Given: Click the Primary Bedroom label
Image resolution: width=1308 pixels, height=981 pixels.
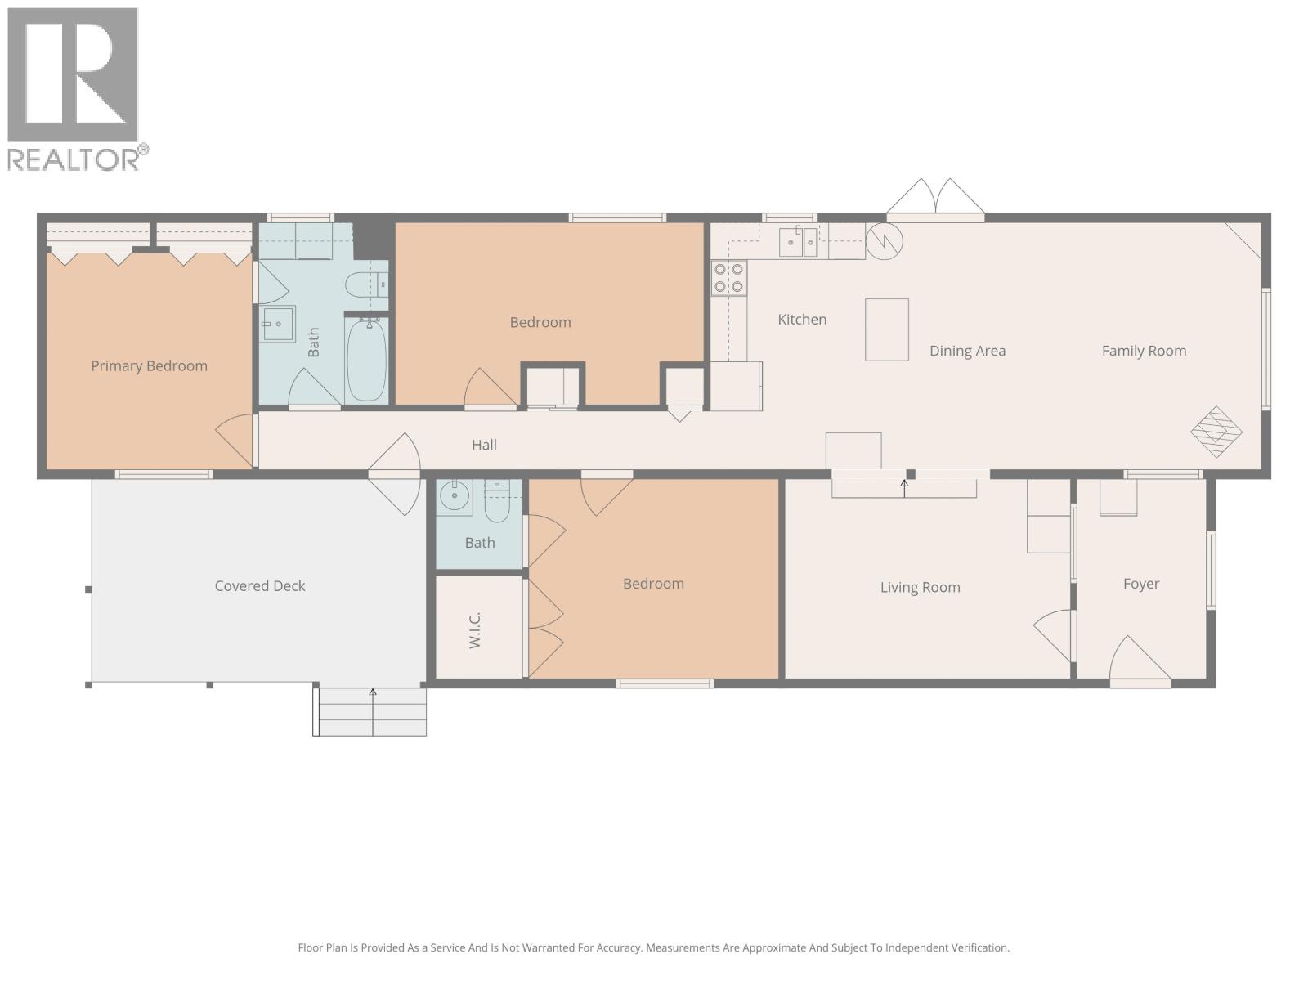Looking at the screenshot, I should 149,365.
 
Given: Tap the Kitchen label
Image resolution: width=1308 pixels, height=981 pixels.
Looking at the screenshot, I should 802,320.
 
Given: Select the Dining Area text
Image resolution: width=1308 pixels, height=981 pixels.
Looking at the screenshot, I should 967,351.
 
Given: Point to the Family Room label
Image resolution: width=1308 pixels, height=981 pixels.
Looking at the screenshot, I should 1144,351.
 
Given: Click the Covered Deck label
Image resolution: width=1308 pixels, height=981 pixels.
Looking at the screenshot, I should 260,585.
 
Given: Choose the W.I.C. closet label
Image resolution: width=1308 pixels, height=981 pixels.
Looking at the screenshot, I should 475,629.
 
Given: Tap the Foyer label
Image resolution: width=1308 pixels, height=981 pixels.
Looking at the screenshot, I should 1140,584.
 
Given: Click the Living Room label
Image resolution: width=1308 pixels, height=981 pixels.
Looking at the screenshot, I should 920,587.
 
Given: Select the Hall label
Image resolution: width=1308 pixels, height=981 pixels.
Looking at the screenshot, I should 484,445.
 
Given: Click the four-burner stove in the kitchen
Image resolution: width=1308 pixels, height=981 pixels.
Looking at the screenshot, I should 728,277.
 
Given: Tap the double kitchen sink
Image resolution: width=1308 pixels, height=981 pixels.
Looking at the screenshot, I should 797,242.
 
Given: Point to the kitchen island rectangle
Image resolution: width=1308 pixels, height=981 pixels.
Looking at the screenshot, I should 887,329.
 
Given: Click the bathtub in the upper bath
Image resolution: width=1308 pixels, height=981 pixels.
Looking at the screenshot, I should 367,360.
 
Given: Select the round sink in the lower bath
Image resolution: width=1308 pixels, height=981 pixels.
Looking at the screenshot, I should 454,495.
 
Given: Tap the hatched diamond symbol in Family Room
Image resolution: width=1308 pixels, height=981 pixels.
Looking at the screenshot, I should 1216,431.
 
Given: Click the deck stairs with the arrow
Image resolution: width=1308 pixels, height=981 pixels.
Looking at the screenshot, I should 372,711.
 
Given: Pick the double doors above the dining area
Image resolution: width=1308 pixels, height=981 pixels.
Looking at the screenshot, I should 935,199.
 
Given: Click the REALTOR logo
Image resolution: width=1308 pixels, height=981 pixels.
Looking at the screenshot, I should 75,88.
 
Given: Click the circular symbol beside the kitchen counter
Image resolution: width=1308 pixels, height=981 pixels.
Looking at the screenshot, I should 884,241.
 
